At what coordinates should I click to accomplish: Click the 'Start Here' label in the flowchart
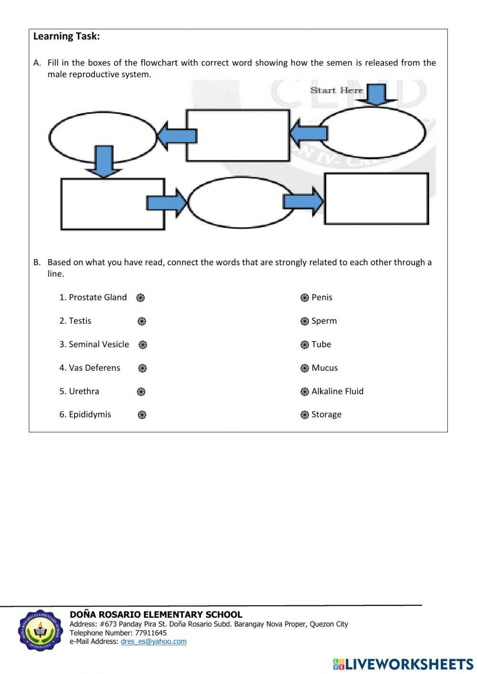337,90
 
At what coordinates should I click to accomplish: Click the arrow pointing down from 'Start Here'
377,94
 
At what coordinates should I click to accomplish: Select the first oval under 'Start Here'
372,133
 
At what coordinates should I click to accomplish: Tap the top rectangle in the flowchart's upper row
238,135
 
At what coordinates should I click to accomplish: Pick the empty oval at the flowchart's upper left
103,137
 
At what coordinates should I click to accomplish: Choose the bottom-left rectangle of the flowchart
113,204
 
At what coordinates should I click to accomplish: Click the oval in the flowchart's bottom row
241,203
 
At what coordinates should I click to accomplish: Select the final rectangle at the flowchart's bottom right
376,199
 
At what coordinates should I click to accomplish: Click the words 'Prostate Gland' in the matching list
98,298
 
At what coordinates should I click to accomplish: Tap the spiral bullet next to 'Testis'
142,321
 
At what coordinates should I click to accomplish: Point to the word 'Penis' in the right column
322,298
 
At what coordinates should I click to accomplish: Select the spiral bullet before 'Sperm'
305,321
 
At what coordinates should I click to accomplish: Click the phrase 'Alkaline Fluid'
337,392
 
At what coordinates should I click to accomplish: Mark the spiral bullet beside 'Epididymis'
142,415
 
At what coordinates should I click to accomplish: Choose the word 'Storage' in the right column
326,415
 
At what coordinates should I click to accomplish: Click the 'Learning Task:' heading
67,37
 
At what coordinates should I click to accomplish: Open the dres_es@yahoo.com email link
154,642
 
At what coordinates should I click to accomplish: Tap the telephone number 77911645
151,633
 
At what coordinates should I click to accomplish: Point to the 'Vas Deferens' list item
94,368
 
